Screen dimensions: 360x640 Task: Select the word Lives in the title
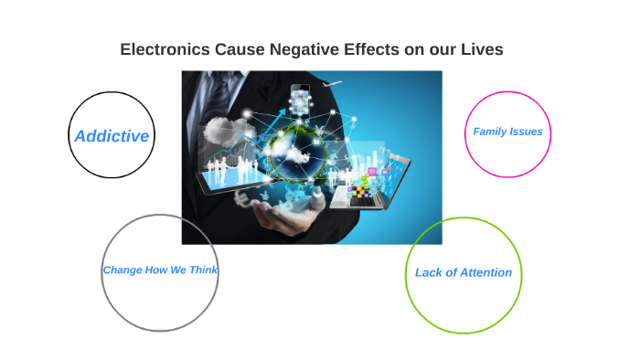point(481,49)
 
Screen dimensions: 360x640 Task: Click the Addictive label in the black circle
point(112,136)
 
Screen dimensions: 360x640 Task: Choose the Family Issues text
point(507,132)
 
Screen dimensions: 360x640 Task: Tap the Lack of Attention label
point(464,272)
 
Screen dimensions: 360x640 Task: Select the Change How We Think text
point(160,270)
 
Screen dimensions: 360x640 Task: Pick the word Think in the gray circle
point(203,270)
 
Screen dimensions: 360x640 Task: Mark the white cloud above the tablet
point(220,128)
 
